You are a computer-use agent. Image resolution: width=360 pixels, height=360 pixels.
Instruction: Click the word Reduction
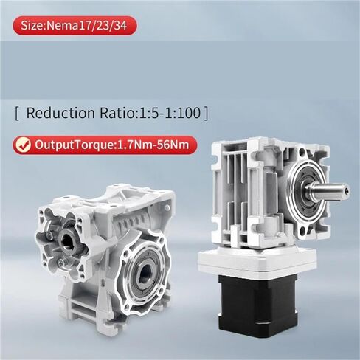tap(61, 114)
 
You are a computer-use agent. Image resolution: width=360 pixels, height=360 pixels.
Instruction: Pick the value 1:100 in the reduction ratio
tap(183, 114)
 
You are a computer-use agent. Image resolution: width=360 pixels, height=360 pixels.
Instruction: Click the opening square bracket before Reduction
tap(16, 114)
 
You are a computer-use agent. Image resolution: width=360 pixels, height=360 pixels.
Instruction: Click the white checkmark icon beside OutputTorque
tap(24, 144)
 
